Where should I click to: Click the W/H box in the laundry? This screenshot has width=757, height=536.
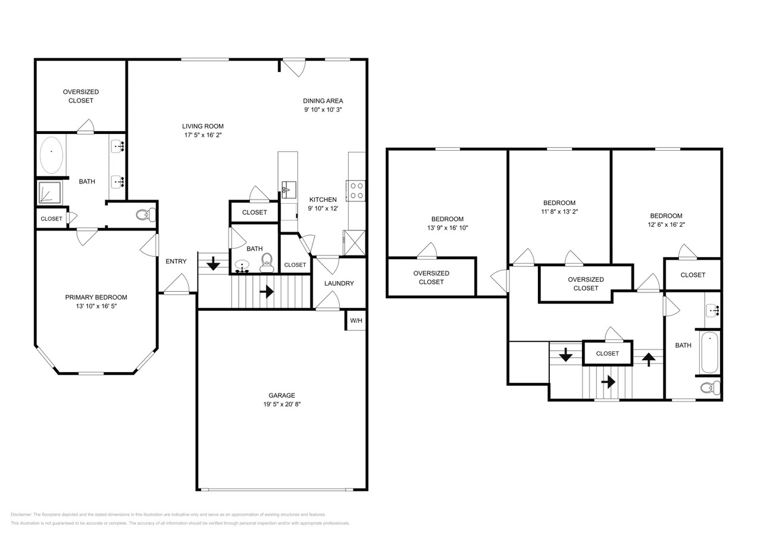(x=356, y=320)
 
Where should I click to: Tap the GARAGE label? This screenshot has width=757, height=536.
(x=281, y=395)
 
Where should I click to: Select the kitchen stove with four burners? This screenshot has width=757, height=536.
(x=356, y=190)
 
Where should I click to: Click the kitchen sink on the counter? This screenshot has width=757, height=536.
(x=289, y=189)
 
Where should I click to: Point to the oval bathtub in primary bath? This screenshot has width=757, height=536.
(x=51, y=154)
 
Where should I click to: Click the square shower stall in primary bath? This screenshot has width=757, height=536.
(x=50, y=194)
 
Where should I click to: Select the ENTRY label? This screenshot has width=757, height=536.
(x=176, y=261)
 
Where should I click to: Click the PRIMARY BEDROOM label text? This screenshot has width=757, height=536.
(x=96, y=297)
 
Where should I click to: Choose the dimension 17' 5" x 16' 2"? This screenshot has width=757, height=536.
(x=203, y=135)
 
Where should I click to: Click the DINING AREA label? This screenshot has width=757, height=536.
(x=323, y=101)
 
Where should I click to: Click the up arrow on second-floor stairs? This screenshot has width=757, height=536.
(x=648, y=359)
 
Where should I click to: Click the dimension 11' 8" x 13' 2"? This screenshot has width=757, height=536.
(x=559, y=211)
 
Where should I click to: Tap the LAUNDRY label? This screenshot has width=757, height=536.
(x=339, y=283)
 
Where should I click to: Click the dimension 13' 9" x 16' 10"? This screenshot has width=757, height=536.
(x=447, y=228)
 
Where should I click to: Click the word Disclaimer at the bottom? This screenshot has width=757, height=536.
(x=21, y=515)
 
